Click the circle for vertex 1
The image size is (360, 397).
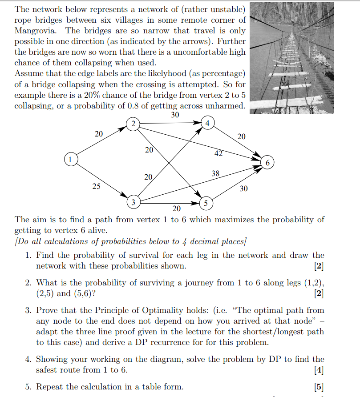pos(69,158)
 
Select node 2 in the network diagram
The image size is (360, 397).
pos(132,124)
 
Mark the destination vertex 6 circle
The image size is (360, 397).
pos(267,163)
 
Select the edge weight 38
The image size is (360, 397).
pos(215,174)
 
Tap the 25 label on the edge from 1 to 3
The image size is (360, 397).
pos(96,187)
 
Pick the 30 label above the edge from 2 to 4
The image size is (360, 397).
pos(175,115)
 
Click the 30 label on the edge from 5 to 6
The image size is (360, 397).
pos(243,188)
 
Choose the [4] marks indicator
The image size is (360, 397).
pos(319,369)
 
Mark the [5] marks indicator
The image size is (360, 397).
pos(319,386)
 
